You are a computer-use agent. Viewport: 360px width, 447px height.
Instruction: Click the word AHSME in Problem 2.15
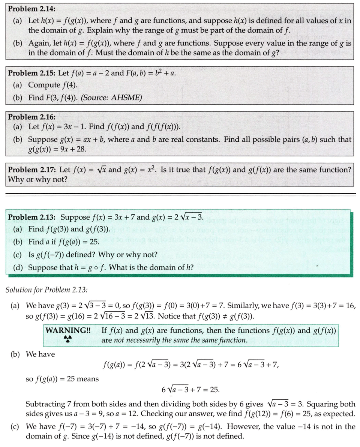(x=127, y=97)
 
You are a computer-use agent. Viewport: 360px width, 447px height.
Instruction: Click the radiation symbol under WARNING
(x=67, y=339)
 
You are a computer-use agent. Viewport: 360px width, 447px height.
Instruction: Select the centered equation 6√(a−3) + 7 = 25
(x=190, y=390)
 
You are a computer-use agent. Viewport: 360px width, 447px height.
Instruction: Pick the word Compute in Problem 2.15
(x=44, y=85)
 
